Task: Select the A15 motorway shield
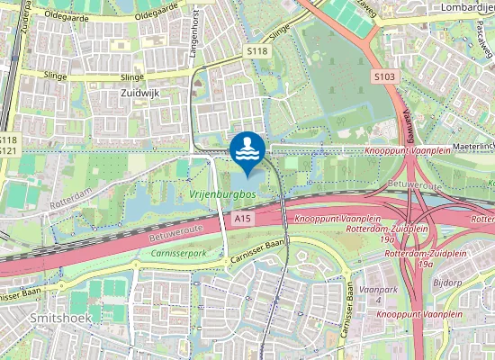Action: click(240, 218)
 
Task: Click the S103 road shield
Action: click(384, 77)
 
